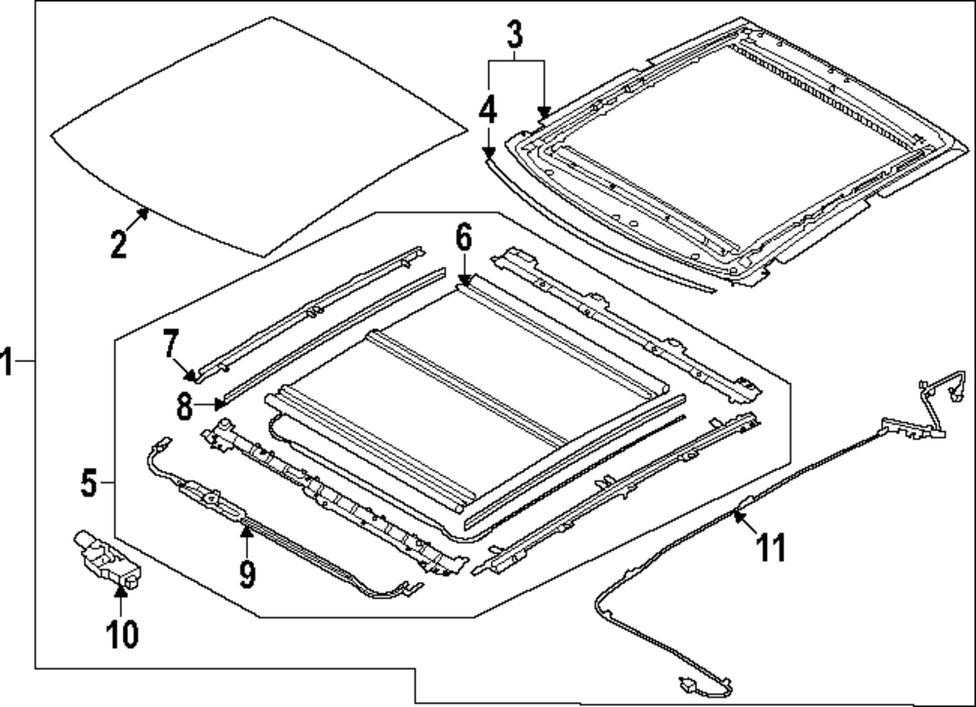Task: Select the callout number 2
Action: click(118, 242)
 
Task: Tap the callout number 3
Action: click(515, 36)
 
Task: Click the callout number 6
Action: click(463, 236)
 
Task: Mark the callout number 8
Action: click(184, 406)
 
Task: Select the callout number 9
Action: click(247, 573)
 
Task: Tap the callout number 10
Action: click(123, 635)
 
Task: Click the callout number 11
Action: click(772, 550)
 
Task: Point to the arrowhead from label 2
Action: click(146, 209)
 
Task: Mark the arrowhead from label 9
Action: click(246, 528)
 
